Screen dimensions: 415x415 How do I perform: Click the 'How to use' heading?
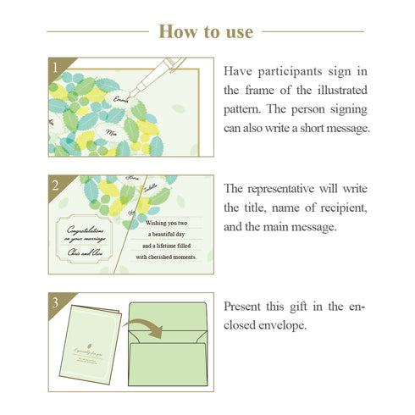(x=206, y=31)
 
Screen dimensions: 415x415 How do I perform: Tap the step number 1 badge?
(x=55, y=66)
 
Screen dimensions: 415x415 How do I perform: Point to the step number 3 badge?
(x=55, y=301)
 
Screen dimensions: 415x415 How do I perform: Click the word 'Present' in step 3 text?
(x=246, y=305)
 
